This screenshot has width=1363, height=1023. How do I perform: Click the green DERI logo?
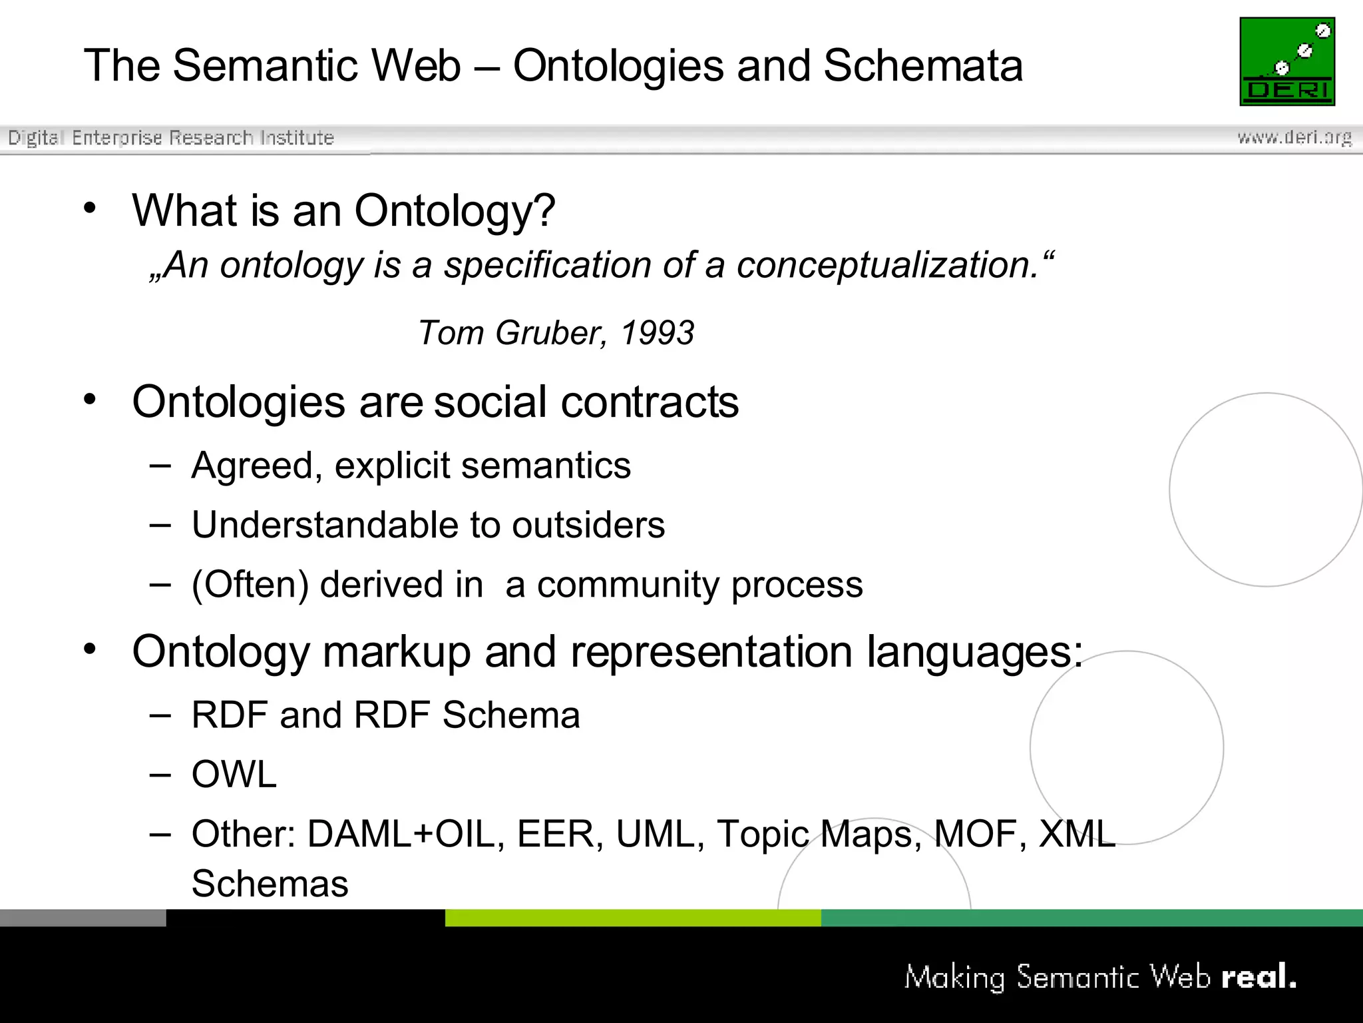[1286, 61]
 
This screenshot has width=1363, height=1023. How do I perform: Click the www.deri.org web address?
[1294, 137]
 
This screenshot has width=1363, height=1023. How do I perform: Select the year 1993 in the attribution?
[658, 332]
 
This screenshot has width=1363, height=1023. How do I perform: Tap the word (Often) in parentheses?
[250, 585]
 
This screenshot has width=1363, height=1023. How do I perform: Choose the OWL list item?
[234, 774]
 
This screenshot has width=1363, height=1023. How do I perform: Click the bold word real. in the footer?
[1259, 977]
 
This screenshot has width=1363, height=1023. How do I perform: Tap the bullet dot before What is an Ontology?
[90, 208]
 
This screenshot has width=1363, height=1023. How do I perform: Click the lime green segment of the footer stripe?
[632, 918]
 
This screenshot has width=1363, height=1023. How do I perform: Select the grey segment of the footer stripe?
[83, 918]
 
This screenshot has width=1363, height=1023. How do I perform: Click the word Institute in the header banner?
[297, 138]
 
